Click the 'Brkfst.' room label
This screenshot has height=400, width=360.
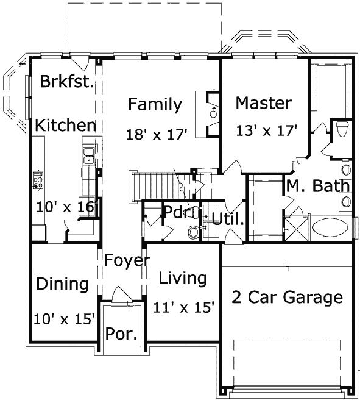pyautogui.click(x=67, y=82)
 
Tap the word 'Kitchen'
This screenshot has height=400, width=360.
pyautogui.click(x=65, y=126)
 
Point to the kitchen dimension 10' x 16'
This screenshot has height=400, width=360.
pyautogui.click(x=65, y=207)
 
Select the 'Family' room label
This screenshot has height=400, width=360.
pyautogui.click(x=155, y=105)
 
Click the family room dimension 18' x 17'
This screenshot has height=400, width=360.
pyautogui.click(x=157, y=134)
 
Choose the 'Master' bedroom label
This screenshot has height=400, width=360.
pyautogui.click(x=263, y=103)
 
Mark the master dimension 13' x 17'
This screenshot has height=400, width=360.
pyautogui.click(x=266, y=130)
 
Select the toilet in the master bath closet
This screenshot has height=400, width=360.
pyautogui.click(x=341, y=129)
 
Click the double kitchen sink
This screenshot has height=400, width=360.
pyautogui.click(x=89, y=155)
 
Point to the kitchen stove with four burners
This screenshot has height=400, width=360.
pyautogui.click(x=38, y=180)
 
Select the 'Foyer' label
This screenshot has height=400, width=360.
pyautogui.click(x=126, y=260)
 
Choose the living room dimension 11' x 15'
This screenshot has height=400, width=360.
pyautogui.click(x=183, y=308)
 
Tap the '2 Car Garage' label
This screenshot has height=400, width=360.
pyautogui.click(x=287, y=298)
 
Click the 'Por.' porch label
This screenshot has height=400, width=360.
pyautogui.click(x=122, y=335)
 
